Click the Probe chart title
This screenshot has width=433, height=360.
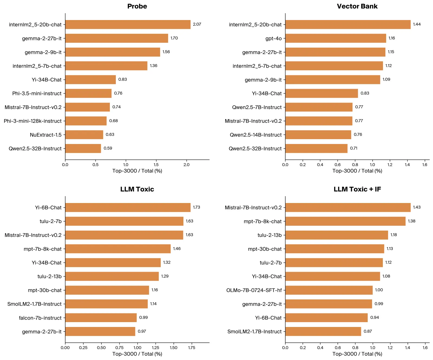(x=137, y=6)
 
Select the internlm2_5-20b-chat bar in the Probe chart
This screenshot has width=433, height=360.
(x=128, y=24)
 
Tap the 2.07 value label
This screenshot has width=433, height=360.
(x=197, y=24)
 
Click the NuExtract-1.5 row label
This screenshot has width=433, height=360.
(x=46, y=135)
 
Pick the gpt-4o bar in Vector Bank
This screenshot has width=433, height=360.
(x=336, y=38)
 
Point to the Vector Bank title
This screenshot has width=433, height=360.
(x=357, y=6)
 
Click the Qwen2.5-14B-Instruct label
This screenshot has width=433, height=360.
(x=255, y=135)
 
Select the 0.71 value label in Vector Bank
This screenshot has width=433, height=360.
(x=353, y=148)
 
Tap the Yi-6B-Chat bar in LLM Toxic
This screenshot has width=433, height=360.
(x=128, y=207)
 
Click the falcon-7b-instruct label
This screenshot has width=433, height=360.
(x=40, y=318)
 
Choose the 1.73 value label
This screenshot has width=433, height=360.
(x=196, y=207)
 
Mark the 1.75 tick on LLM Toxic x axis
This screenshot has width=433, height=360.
(x=192, y=348)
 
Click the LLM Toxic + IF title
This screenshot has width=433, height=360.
(x=357, y=189)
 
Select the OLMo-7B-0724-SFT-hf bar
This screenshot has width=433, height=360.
(x=329, y=290)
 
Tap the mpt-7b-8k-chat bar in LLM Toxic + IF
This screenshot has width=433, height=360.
(x=345, y=221)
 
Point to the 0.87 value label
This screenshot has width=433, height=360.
(x=368, y=331)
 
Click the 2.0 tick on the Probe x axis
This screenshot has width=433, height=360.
(x=186, y=165)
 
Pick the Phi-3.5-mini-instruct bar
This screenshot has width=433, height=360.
(x=88, y=93)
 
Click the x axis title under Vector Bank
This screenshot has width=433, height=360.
(x=357, y=171)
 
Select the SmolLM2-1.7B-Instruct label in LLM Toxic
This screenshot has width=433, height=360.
(x=34, y=304)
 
